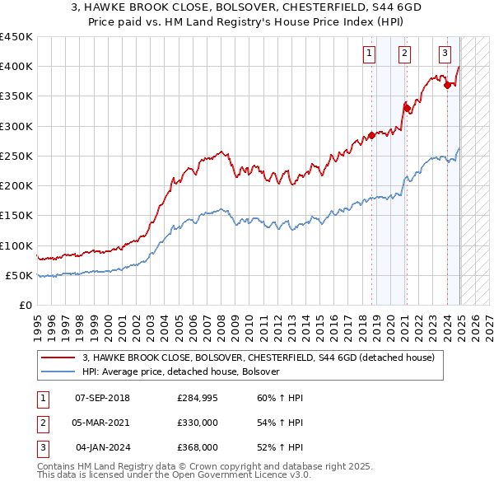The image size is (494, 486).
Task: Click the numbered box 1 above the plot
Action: (368, 54)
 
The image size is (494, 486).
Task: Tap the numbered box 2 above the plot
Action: (405, 54)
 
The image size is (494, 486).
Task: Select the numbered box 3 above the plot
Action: (445, 54)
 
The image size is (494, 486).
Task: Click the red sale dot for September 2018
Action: (371, 135)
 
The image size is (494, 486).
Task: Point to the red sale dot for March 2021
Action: (406, 108)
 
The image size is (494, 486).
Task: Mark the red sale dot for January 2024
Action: (447, 85)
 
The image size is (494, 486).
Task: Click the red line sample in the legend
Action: (58, 357)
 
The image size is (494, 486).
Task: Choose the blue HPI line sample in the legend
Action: (58, 372)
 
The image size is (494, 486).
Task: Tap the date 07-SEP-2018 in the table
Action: (102, 398)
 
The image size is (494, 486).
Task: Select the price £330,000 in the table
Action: (198, 423)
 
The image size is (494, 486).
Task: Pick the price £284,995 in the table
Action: (198, 398)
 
